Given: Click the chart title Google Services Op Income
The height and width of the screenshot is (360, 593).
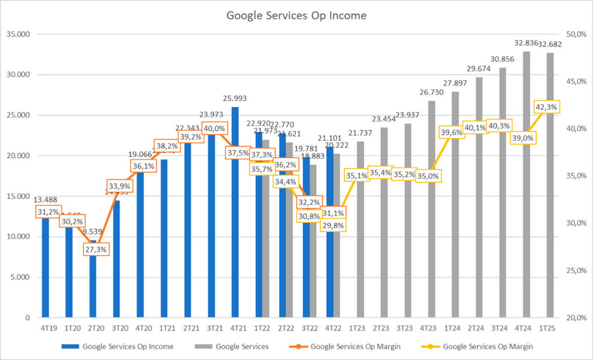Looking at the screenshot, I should point(296,16).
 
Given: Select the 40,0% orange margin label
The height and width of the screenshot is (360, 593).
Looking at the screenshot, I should point(214,128).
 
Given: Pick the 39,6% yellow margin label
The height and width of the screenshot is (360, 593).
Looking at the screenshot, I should point(452,133).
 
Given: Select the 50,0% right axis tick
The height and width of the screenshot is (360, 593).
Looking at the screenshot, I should point(573,34).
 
